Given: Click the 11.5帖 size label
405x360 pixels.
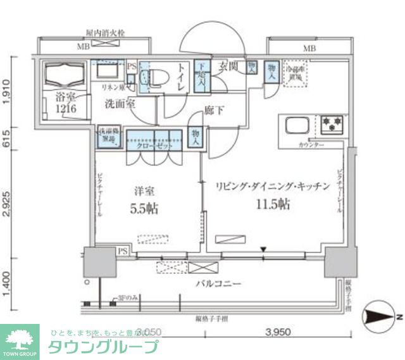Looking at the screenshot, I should coord(273,204).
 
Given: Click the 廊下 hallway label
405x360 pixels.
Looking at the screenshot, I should coord(213,111).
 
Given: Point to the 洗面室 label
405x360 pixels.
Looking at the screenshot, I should coord(120,104).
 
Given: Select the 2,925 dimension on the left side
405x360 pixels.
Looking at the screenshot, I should coord(6,202).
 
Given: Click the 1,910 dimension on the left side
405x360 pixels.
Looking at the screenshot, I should coord(6,91).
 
